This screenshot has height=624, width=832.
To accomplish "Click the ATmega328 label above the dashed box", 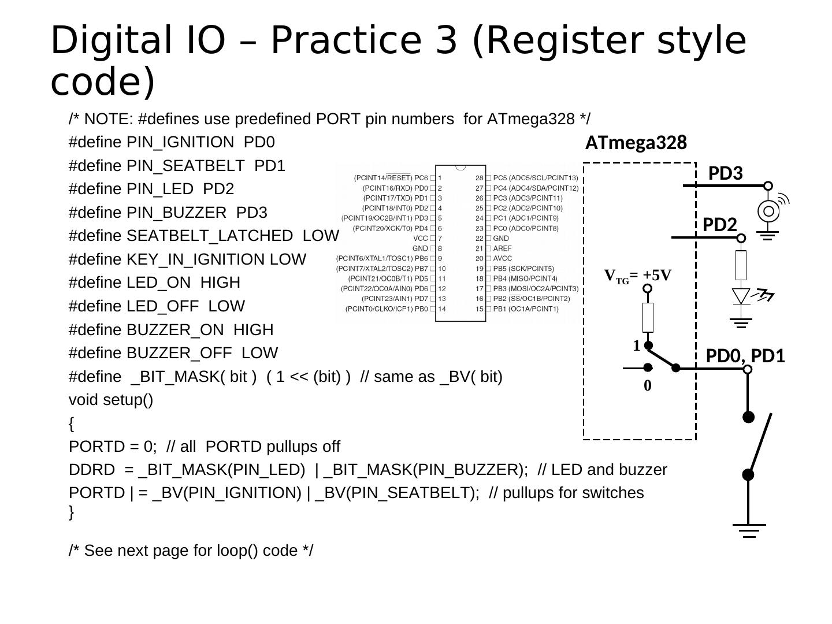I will coord(636,143).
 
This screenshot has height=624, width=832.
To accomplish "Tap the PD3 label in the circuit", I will coord(725,173).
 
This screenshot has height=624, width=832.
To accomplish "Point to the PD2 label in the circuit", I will coord(719,225).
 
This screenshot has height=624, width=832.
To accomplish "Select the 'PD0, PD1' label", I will coord(745,356).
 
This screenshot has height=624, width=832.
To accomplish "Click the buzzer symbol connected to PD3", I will coord(768,211).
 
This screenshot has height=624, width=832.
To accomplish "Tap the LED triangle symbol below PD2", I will coord(741,296).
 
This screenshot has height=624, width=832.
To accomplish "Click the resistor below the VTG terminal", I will coord(648,317).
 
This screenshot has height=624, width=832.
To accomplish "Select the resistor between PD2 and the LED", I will coord(741,265).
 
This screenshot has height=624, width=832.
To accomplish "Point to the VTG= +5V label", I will coord(638,276).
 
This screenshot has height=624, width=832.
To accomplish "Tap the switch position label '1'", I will coord(636,346).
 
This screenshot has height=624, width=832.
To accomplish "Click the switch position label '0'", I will coord(647,386).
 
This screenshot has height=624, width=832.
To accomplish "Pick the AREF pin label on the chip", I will coord(502,248).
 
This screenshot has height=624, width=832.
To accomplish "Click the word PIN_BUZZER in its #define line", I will coord(176,213).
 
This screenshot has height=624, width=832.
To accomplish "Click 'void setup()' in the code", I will coord(111,400).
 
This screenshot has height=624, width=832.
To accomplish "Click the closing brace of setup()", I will coord(72,512).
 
